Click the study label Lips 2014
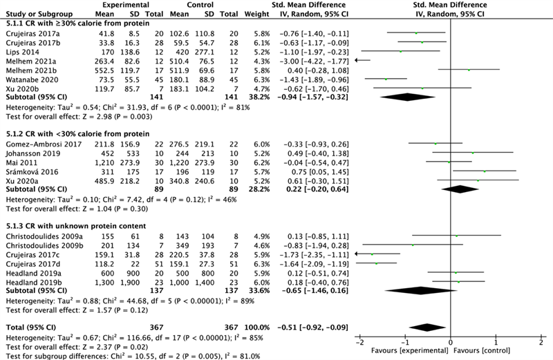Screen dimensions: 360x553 (x=18, y=51)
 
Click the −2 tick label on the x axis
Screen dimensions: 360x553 (x=359, y=342)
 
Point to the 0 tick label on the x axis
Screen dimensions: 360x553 (x=451, y=342)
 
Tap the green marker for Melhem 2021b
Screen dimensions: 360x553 (x=469, y=70)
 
